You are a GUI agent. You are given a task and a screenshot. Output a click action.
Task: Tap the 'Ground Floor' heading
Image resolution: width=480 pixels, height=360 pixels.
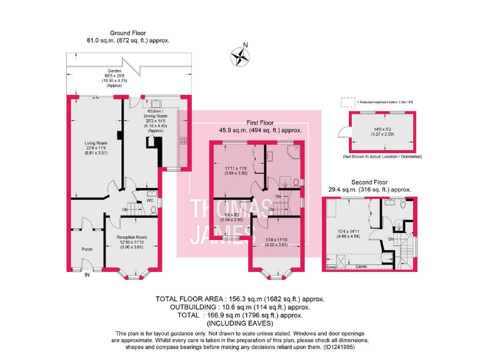point(128,32)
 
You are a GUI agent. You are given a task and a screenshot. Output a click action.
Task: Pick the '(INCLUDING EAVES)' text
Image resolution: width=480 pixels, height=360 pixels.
point(240,324)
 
